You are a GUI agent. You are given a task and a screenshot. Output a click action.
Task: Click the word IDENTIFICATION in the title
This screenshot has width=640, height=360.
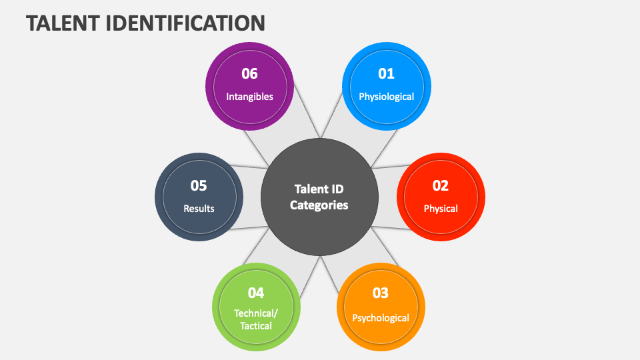pyautogui.click(x=185, y=23)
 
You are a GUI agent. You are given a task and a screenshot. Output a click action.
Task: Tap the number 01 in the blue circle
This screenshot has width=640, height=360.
pyautogui.click(x=386, y=73)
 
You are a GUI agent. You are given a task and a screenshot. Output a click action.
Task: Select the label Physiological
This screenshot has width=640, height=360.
pyautogui.click(x=386, y=97)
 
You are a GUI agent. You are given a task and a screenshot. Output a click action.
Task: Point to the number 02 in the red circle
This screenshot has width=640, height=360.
pyautogui.click(x=441, y=186)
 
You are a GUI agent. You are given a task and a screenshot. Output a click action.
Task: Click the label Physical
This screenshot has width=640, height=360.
pyautogui.click(x=441, y=209)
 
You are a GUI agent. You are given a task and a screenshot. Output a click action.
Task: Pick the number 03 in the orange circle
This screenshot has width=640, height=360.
pyautogui.click(x=381, y=293)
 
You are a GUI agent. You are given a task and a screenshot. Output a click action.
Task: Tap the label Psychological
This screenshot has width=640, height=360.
pyautogui.click(x=381, y=318)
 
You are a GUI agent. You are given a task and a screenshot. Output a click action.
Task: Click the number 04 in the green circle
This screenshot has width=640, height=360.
pyautogui.click(x=256, y=293)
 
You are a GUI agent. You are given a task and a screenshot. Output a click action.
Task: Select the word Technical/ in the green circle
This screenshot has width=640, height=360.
pyautogui.click(x=256, y=313)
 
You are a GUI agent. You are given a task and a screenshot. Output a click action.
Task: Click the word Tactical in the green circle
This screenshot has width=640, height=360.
pyautogui.click(x=256, y=326)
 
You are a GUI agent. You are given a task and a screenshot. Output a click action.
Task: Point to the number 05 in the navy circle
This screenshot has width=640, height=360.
pyautogui.click(x=199, y=186)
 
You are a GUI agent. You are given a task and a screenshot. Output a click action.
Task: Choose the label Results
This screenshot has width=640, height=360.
pyautogui.click(x=199, y=209)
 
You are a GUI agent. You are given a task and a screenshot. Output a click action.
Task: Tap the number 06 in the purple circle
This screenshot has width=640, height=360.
pyautogui.click(x=249, y=73)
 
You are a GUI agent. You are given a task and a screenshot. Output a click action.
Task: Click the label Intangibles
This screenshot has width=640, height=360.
pyautogui.click(x=249, y=97)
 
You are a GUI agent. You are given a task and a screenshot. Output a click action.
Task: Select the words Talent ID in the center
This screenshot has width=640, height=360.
pyautogui.click(x=319, y=189)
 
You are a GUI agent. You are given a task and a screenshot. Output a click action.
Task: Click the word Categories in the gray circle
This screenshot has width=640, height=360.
pyautogui.click(x=319, y=205)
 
